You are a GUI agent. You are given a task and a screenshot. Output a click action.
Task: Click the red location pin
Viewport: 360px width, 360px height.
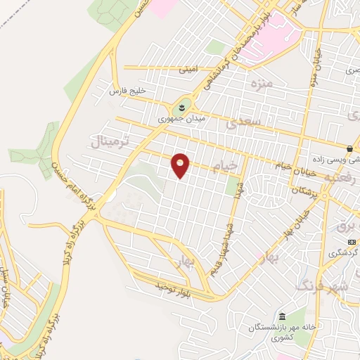tap(181, 166)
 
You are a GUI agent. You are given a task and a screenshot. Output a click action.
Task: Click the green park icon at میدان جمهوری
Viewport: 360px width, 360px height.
tap(180, 108)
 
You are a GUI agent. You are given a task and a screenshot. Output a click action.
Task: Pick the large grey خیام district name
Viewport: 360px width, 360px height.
tap(242, 165)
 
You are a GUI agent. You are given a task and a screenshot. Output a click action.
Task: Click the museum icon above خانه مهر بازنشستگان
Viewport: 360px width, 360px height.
tap(282, 316)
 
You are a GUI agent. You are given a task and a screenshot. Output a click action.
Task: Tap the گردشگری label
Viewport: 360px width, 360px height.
tap(344, 252)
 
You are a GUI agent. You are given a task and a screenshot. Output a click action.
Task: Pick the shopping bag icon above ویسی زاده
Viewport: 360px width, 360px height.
tap(349, 148)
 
